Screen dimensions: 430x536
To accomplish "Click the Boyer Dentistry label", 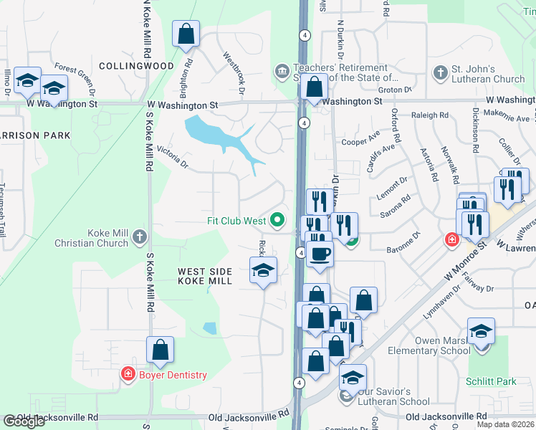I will click(x=172, y=375).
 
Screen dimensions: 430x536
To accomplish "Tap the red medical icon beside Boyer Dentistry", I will click(x=128, y=374).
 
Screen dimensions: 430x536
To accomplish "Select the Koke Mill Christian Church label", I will click(x=92, y=238).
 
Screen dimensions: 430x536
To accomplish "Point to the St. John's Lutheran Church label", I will click(x=488, y=75).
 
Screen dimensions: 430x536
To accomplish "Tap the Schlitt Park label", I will click(x=491, y=381).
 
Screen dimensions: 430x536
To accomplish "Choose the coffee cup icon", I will click(x=320, y=252).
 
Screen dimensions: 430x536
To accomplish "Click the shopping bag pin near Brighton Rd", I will click(x=186, y=34).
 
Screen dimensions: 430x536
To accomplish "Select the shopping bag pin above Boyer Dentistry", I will click(x=161, y=350).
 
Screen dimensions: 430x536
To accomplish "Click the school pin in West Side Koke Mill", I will click(x=263, y=271).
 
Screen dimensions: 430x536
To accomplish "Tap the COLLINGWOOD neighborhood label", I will click(x=136, y=66).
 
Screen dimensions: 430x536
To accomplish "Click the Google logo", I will click(x=24, y=421).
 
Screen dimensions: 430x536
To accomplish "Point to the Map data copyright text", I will click(x=504, y=424).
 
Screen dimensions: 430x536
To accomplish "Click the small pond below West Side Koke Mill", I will click(x=209, y=328).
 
